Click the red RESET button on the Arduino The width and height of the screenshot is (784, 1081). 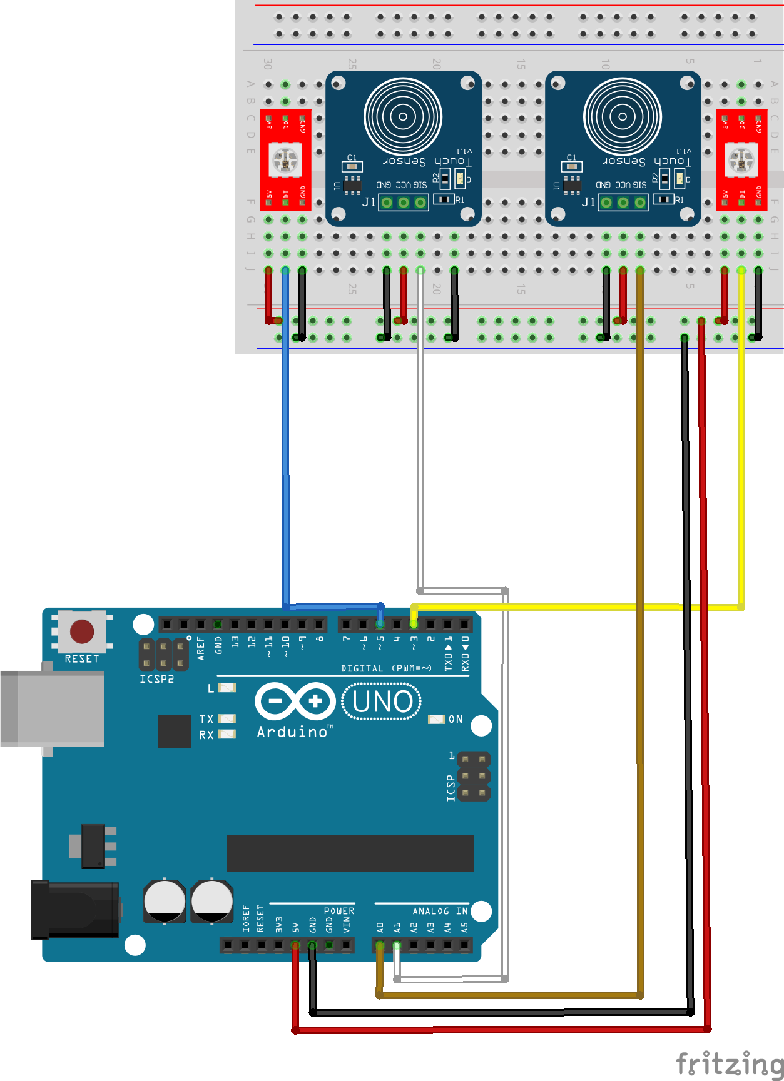82,631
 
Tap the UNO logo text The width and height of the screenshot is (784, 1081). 382,701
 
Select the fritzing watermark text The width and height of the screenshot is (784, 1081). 730,1063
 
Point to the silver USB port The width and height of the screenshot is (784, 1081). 53,708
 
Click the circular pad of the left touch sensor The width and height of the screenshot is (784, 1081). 403,116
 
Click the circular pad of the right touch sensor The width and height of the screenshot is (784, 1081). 623,116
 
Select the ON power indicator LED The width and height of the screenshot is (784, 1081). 435,719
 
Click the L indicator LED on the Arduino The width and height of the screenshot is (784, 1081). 227,688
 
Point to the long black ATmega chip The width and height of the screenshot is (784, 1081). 350,853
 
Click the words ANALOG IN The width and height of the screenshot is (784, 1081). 440,911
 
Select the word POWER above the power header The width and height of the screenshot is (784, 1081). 339,911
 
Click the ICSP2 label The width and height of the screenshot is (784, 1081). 156,679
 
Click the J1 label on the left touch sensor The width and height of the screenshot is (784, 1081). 369,202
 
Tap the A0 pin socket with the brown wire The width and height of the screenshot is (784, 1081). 380,945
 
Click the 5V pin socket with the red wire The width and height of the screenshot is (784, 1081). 295,945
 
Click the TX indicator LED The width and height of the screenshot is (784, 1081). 227,719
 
